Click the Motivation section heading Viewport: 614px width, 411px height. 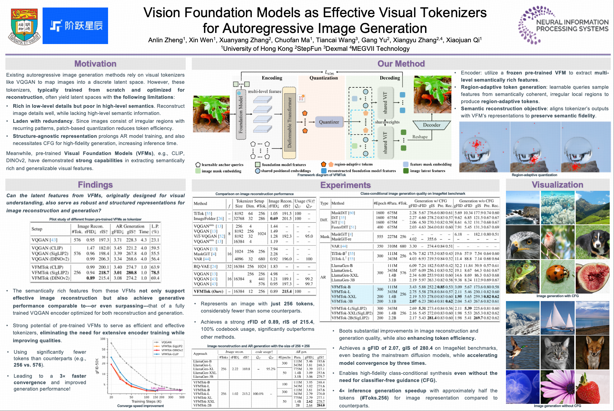pos(95,64)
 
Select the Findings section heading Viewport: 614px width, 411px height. pos(95,185)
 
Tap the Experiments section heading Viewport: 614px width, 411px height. pos(345,185)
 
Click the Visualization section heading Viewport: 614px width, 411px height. pos(557,185)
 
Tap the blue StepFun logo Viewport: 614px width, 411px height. pos(75,26)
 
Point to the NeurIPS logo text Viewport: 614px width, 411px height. pos(572,25)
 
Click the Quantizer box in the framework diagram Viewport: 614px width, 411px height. pos(329,122)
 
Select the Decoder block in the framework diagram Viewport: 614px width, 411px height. pos(432,125)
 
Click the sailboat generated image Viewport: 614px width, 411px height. pos(557,318)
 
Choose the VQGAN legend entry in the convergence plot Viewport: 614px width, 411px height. pos(166,342)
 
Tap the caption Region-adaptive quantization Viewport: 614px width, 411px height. pos(534,175)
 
